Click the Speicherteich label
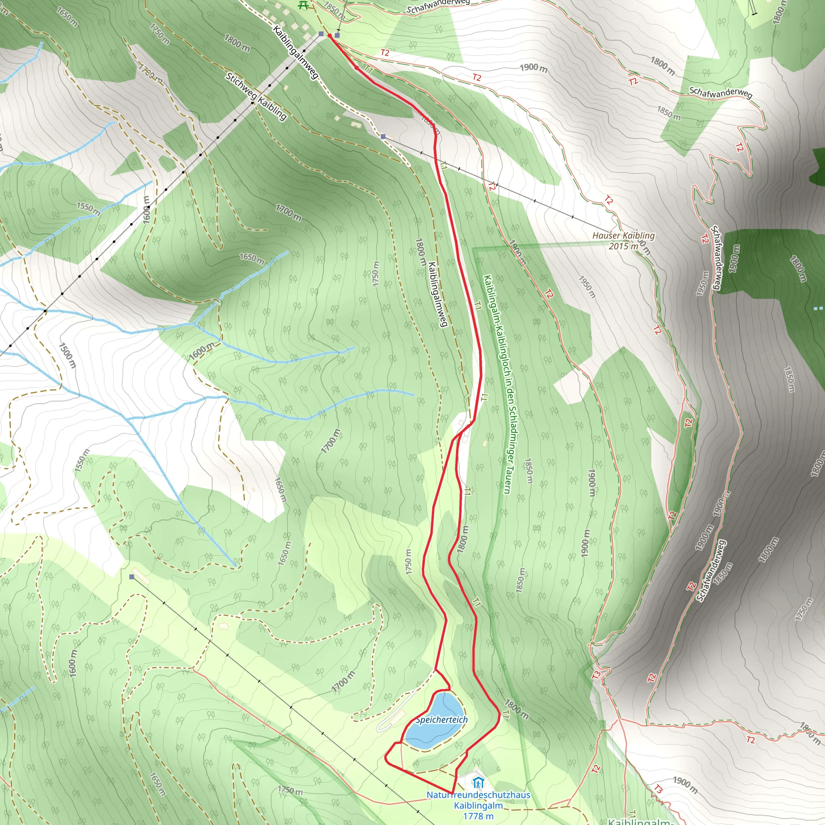pyautogui.click(x=441, y=720)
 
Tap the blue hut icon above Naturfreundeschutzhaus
pyautogui.click(x=478, y=783)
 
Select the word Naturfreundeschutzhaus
pyautogui.click(x=478, y=795)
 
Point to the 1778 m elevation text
pyautogui.click(x=478, y=816)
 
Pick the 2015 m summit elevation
pyautogui.click(x=623, y=246)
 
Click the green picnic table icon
pyautogui.click(x=303, y=5)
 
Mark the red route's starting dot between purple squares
pyautogui.click(x=330, y=36)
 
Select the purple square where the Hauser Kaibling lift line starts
pyautogui.click(x=383, y=137)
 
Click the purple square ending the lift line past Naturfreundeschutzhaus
pyautogui.click(x=132, y=577)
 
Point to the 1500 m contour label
pyautogui.click(x=67, y=355)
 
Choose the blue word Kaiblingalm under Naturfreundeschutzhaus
pyautogui.click(x=478, y=806)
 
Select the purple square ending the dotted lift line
pyautogui.click(x=321, y=34)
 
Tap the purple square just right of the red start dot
pyautogui.click(x=337, y=35)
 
